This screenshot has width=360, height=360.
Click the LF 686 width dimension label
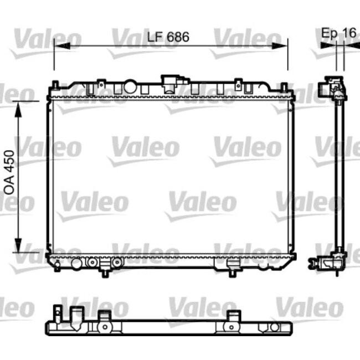point(168,38)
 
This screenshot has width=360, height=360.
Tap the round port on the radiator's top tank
point(131,87)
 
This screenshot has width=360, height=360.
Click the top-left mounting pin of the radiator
point(55,86)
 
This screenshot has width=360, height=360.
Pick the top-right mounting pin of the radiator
point(284,87)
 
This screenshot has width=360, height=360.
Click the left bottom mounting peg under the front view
point(105,271)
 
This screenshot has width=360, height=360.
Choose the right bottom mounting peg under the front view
point(233,271)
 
